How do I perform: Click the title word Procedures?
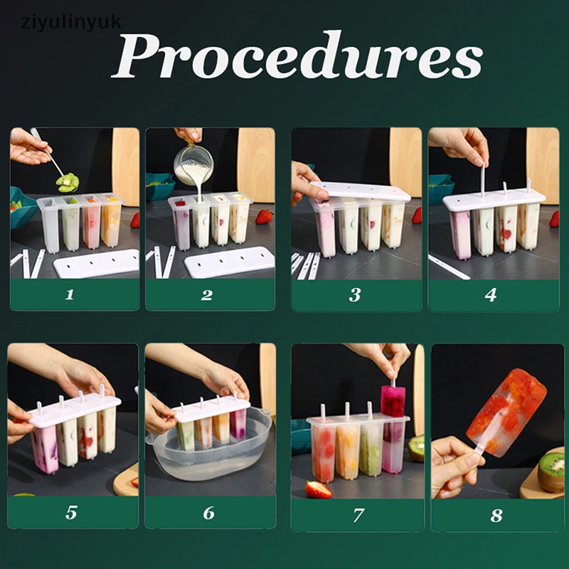pos(297,55)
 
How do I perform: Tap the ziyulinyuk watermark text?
pos(71,23)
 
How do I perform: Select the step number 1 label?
pos(70,294)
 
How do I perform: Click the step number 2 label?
pos(207,294)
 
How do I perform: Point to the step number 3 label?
pos(355,294)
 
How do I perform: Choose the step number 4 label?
pos(491,294)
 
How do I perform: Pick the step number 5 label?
pos(72,512)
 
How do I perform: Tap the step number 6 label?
pos(208,513)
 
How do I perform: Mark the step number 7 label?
pos(358,515)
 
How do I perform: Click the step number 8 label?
pos(496,515)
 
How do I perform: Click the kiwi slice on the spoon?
pos(68,182)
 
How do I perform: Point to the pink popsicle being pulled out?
pos(393,402)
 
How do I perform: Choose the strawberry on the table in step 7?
pos(318,489)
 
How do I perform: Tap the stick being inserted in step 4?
pos(483,181)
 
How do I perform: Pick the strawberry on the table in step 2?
pos(264,217)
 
